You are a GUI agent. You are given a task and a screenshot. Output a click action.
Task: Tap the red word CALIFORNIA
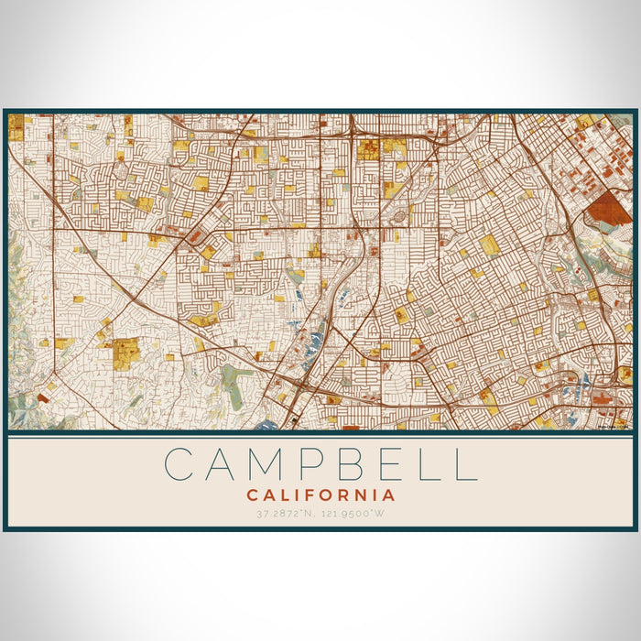tap(320, 494)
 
